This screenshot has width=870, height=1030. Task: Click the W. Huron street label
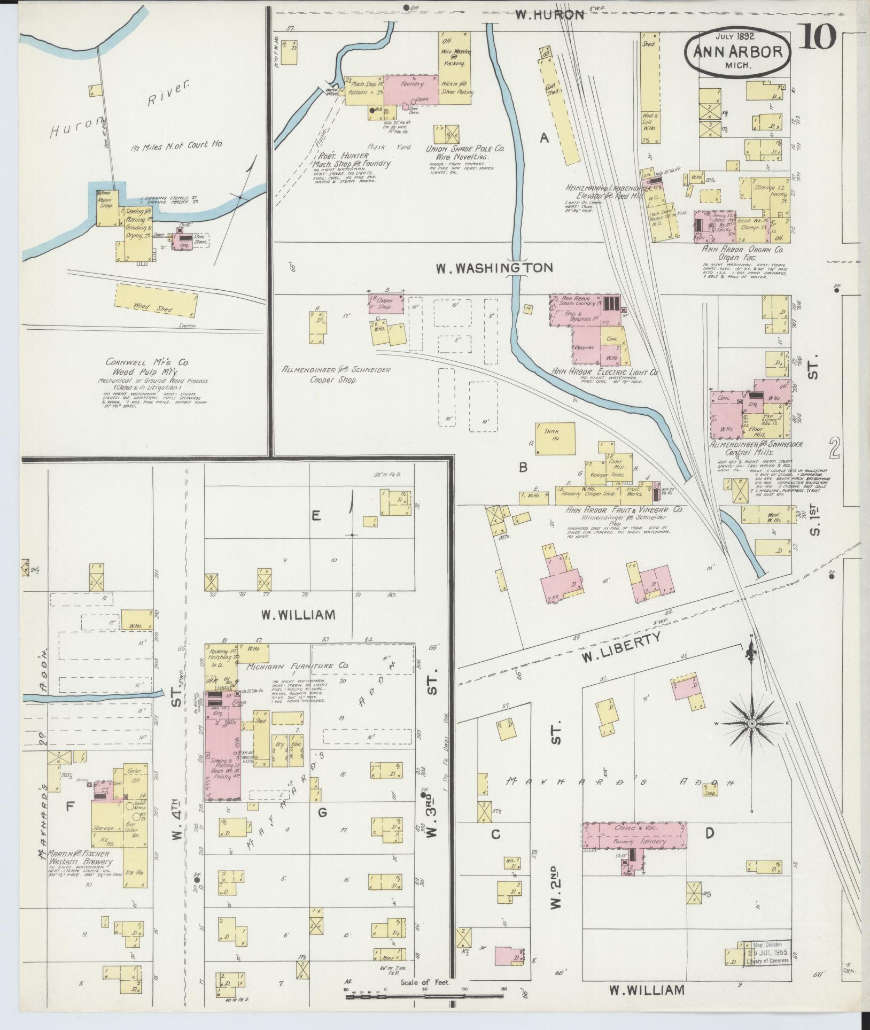pyautogui.click(x=549, y=15)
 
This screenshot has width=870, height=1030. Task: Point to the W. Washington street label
pyautogui.click(x=494, y=268)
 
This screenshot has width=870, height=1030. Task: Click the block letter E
pyautogui.click(x=316, y=515)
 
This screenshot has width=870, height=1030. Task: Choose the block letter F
pyautogui.click(x=69, y=807)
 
